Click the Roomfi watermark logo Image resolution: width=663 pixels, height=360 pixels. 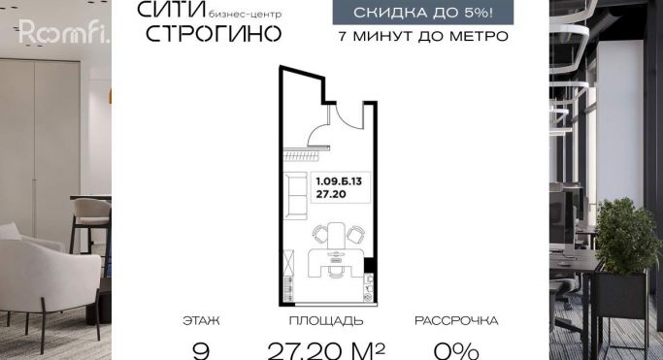point(64,32)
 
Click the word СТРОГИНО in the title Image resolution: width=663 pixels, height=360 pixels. point(214,34)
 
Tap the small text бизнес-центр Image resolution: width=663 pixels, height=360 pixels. point(245,15)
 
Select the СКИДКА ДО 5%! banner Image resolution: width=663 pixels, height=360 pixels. point(423,13)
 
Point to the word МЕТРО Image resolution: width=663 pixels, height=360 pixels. point(479,36)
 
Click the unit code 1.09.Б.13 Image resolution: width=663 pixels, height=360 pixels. point(339,181)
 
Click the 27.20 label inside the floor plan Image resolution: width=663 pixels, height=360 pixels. point(331,194)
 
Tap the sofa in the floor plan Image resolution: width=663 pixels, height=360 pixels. point(295,196)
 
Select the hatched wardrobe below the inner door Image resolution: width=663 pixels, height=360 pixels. point(301,156)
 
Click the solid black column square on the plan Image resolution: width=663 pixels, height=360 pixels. point(369,265)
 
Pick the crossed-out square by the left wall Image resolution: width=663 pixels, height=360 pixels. point(288,262)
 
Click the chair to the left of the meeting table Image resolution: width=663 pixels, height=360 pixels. point(320,234)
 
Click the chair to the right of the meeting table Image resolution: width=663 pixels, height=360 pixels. point(355,235)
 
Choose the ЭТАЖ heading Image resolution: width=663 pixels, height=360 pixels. point(201,321)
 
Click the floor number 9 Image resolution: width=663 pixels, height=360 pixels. point(201,351)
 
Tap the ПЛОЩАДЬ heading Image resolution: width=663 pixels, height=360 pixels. point(326,321)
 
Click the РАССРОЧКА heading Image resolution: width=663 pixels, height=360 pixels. point(456,321)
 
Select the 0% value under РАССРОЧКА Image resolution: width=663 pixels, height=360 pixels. point(456,351)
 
